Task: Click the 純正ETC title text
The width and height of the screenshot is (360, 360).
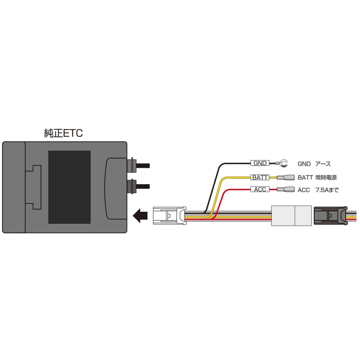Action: (63, 133)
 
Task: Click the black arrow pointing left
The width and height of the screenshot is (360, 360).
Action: (140, 216)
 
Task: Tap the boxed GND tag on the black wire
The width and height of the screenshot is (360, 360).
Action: (260, 163)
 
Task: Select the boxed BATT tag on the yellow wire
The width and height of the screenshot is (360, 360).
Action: (260, 177)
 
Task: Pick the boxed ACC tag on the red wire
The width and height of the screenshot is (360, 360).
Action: (260, 189)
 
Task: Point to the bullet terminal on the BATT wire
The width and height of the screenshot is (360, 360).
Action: (286, 177)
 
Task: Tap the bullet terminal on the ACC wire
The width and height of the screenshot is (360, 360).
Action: (286, 189)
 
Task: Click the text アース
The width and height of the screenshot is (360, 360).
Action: (323, 164)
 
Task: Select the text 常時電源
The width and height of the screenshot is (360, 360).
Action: (326, 177)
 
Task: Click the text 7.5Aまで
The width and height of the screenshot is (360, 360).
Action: (327, 190)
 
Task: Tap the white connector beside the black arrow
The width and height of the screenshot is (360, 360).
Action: (170, 216)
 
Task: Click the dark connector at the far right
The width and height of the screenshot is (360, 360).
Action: (330, 216)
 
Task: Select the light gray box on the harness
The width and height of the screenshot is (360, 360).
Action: (292, 216)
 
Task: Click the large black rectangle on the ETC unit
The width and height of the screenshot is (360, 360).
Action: (69, 187)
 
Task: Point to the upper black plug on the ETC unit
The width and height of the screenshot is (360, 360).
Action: (139, 165)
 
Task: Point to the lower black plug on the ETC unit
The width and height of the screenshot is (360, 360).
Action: (139, 186)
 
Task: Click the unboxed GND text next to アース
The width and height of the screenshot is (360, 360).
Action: (304, 164)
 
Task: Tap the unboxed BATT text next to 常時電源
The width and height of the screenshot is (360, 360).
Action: (306, 178)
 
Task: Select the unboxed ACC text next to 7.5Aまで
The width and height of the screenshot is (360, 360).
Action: (304, 190)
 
